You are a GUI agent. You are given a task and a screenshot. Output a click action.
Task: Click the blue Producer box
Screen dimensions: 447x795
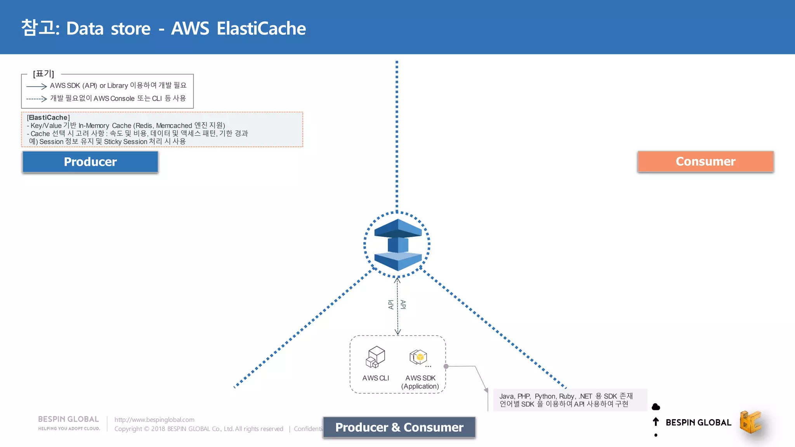coord(90,161)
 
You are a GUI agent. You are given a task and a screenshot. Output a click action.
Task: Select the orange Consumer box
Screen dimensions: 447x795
coord(705,161)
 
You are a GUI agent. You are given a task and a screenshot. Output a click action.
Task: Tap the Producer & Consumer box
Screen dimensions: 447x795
coord(399,427)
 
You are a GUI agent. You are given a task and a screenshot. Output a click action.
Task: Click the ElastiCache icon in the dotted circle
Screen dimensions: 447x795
coord(397,244)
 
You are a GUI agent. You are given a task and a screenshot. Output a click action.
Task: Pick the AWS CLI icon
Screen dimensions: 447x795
coord(375,357)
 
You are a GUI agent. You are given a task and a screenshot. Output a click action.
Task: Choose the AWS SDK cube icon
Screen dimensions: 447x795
coord(418,357)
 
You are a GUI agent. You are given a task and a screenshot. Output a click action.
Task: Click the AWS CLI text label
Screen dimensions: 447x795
coord(375,378)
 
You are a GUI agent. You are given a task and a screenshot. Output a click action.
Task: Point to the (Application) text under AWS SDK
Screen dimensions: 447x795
coord(420,386)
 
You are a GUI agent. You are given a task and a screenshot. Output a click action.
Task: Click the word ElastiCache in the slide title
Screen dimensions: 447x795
coord(261,29)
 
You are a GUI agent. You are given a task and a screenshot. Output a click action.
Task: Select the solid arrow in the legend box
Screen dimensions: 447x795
coord(36,86)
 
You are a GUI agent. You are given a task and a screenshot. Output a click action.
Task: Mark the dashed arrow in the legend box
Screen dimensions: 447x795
coord(36,99)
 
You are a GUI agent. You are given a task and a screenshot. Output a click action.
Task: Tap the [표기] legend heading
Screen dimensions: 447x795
coord(43,74)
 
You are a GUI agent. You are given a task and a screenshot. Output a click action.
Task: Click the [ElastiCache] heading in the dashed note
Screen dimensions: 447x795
coord(48,118)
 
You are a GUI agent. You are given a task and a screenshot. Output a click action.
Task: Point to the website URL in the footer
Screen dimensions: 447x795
coord(154,419)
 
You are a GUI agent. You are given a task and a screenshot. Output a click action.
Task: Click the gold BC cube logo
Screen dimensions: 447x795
coord(750,422)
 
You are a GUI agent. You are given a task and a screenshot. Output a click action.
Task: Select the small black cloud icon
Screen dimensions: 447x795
coord(656,407)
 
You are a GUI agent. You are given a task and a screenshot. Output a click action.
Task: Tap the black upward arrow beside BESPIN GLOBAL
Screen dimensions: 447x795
coord(656,422)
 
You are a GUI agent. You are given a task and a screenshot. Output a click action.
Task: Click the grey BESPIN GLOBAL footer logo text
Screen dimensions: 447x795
coord(68,419)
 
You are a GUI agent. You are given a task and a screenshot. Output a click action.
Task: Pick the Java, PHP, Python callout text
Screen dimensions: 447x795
coord(566,400)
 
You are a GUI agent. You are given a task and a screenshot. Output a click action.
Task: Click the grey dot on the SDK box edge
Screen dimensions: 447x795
coord(446,366)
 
